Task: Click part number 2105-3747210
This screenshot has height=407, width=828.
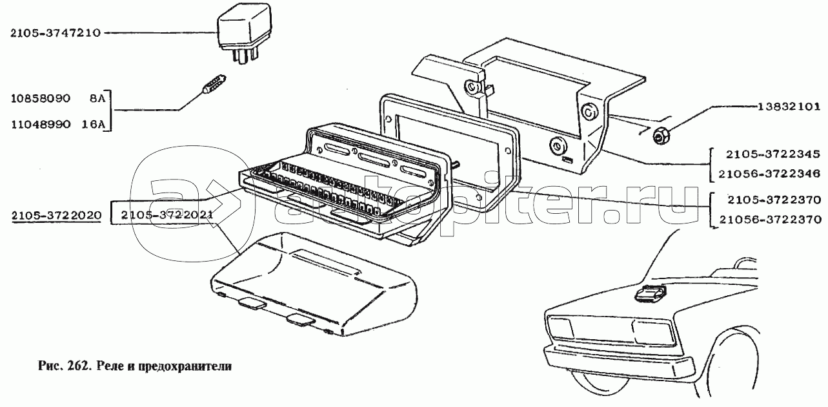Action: (55, 33)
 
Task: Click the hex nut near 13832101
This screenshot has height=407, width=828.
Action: (660, 136)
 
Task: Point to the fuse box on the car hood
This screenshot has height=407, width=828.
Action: (651, 295)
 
